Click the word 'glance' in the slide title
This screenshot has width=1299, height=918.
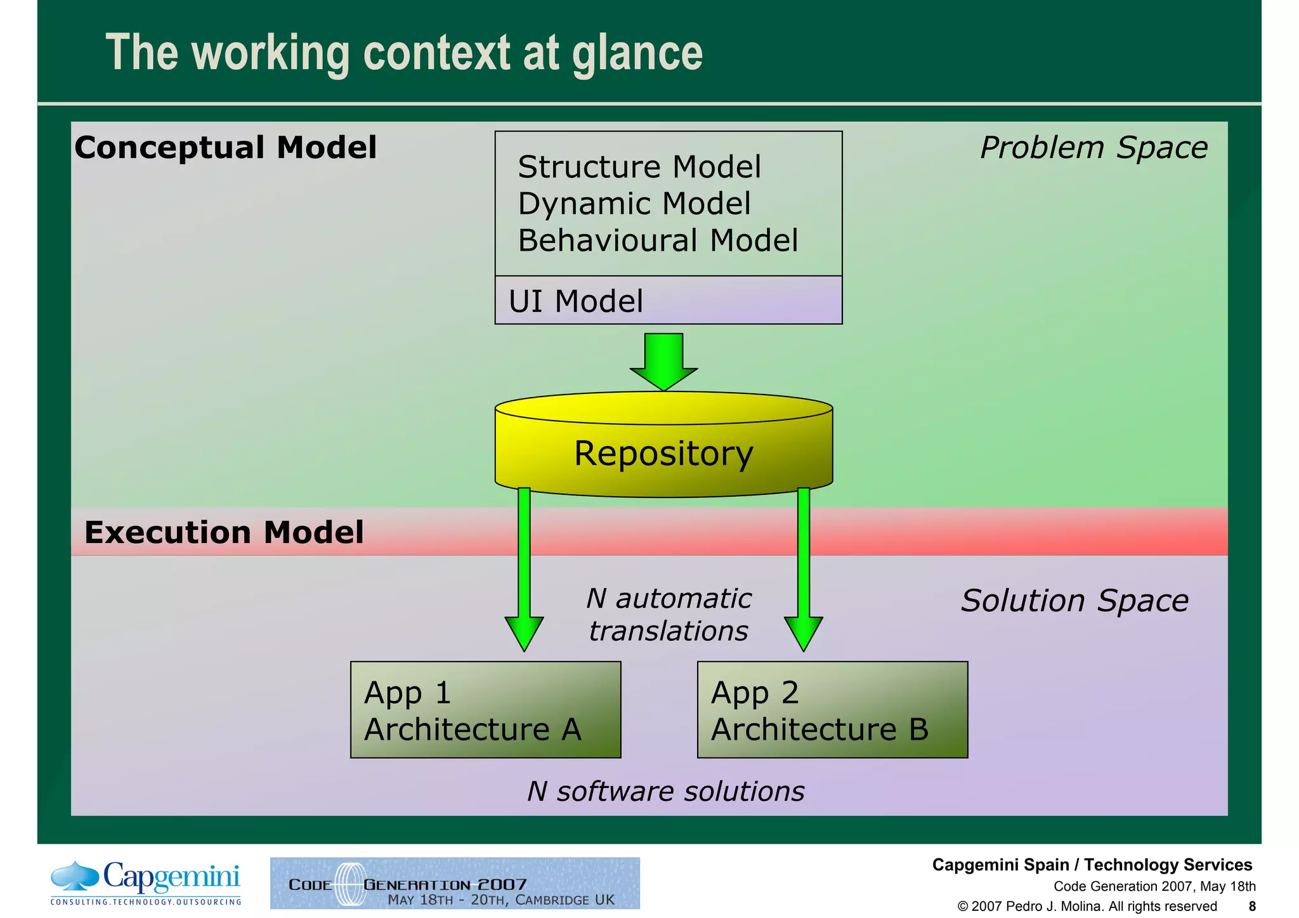(x=637, y=54)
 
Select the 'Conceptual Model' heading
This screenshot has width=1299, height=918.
(x=225, y=148)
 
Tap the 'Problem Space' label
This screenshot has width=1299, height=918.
(x=1093, y=148)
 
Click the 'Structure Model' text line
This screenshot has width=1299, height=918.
(x=639, y=167)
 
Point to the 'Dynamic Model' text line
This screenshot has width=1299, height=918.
(x=634, y=204)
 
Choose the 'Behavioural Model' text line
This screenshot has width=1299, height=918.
(x=657, y=241)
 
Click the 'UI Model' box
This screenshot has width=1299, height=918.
(x=668, y=301)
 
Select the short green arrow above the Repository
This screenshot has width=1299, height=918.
(x=663, y=360)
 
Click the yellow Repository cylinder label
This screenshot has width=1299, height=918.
(x=663, y=454)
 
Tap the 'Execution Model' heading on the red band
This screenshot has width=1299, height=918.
(x=224, y=532)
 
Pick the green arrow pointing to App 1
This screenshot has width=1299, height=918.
(x=524, y=571)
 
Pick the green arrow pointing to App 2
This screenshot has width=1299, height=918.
(x=804, y=571)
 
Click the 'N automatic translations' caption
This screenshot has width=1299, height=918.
(x=669, y=615)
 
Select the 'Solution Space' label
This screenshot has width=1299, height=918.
(x=1074, y=601)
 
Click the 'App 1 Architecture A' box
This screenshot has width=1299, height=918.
(x=485, y=710)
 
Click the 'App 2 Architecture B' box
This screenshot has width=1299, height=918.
(x=832, y=710)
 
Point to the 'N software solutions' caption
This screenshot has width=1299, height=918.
(x=665, y=792)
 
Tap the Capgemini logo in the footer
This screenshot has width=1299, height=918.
(x=147, y=882)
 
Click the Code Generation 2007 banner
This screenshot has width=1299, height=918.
(x=455, y=883)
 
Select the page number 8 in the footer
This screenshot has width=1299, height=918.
(x=1251, y=906)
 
